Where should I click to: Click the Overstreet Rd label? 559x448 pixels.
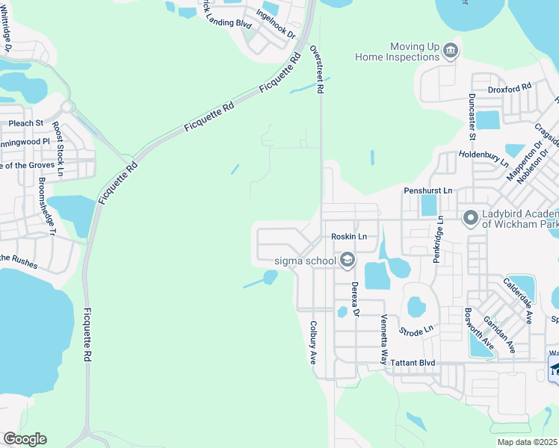pos(318,69)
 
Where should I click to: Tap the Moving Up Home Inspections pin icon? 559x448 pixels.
pos(451,52)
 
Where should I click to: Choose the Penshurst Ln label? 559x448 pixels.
pos(428,190)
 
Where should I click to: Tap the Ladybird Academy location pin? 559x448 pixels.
pos(471,218)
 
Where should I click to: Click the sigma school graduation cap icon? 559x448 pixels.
pos(347,260)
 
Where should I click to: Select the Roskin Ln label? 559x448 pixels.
pos(349,237)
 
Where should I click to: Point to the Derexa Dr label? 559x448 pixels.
pos(356,299)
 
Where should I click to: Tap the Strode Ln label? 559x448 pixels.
pos(416,329)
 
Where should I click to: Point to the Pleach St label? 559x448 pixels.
pos(26,122)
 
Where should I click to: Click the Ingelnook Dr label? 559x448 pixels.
pos(276,24)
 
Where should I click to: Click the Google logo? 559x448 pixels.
pos(25,438)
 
